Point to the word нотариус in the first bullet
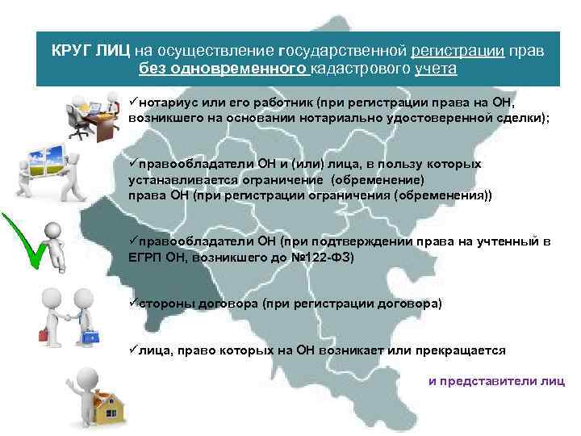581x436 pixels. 161,103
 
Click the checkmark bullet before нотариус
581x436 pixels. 132,103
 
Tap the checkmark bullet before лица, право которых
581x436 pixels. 132,350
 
